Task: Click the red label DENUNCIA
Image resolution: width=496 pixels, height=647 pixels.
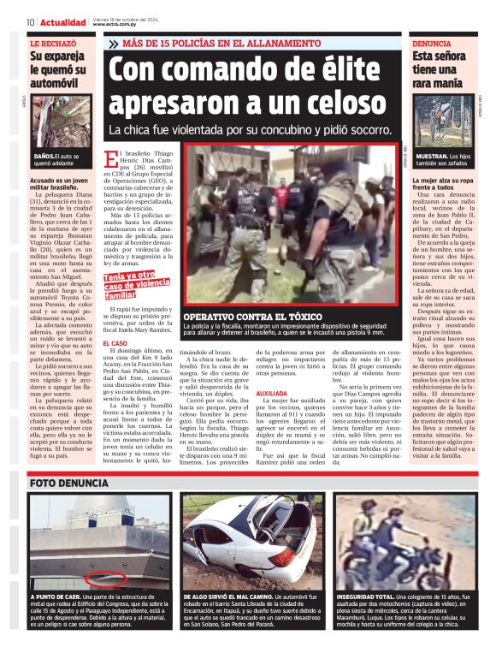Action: tap(432, 43)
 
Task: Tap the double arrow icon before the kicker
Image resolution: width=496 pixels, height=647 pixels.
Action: tap(115, 43)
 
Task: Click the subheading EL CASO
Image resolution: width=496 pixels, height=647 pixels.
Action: tap(115, 343)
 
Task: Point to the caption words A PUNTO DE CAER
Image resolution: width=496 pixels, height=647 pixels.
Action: tap(57, 596)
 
